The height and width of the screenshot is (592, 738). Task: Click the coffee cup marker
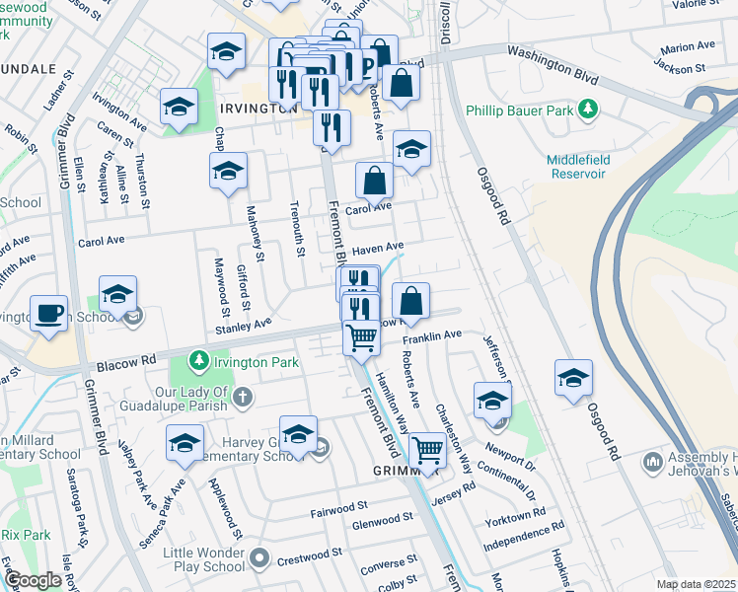tap(48, 315)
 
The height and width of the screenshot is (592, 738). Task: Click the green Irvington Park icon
tap(200, 362)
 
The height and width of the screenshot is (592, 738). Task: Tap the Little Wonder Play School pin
tap(259, 559)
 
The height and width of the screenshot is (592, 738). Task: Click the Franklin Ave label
tap(437, 335)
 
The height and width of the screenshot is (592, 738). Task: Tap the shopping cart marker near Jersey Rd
tap(427, 451)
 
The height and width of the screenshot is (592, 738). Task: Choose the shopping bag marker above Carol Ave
tap(375, 181)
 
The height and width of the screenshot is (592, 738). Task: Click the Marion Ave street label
tap(689, 47)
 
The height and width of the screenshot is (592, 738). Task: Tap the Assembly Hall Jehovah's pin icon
tap(651, 462)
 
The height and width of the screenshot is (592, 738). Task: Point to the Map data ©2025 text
tap(696, 584)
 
